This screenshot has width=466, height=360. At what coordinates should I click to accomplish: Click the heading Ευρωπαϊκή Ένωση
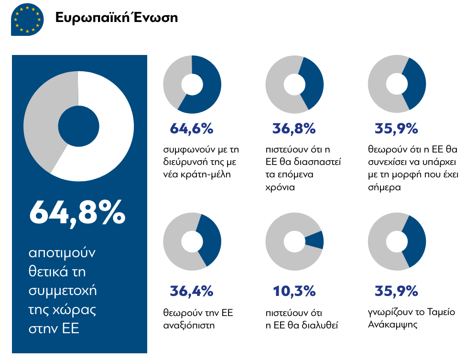pos(116,18)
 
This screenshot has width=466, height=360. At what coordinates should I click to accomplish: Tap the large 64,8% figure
pos(77,213)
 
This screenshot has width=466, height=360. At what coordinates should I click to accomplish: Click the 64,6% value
pos(192,129)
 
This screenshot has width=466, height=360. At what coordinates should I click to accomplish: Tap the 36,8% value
pos(294,129)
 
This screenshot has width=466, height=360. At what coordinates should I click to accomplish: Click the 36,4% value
pos(192,291)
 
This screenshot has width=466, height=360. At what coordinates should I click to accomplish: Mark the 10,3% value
pos(294,291)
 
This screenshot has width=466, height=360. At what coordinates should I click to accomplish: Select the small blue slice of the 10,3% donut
pos(316,240)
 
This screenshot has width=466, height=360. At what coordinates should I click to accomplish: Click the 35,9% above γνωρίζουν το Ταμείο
pos(396,291)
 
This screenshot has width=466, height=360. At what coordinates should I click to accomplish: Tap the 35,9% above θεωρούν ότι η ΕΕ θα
pos(396,129)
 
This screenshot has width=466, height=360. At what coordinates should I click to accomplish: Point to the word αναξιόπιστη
pos(189,326)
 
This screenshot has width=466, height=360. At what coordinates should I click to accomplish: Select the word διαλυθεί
pos(322,326)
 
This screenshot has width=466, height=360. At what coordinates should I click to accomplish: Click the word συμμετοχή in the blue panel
pos(63,290)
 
